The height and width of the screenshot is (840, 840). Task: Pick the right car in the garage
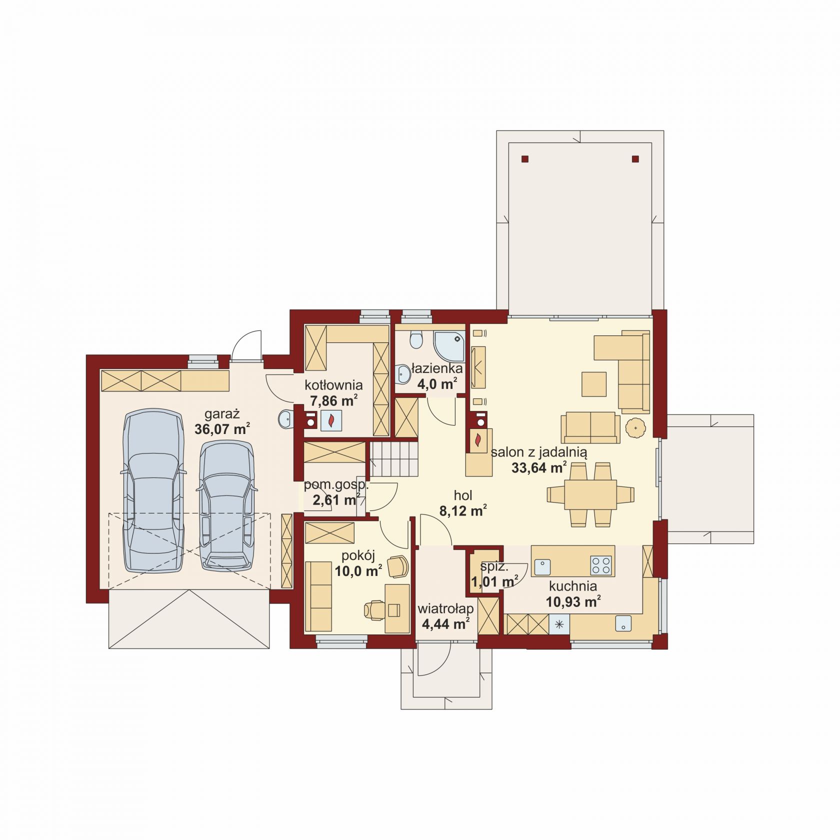tap(226, 505)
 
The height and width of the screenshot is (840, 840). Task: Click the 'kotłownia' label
tap(333, 385)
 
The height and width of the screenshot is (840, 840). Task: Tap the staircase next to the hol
tap(394, 459)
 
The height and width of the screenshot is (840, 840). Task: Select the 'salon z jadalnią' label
tap(539, 453)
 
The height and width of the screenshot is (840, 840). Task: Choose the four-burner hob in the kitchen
tap(601, 565)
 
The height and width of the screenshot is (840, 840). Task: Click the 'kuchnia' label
tap(573, 586)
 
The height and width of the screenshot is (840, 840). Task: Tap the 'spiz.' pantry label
tap(494, 567)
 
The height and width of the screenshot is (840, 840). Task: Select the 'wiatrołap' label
tap(445, 608)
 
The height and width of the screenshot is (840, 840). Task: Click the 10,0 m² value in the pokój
tap(358, 570)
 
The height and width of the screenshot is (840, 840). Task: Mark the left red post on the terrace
tap(524, 159)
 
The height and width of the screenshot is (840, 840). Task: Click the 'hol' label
tap(463, 495)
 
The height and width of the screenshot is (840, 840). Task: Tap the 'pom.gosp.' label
tap(336, 485)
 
